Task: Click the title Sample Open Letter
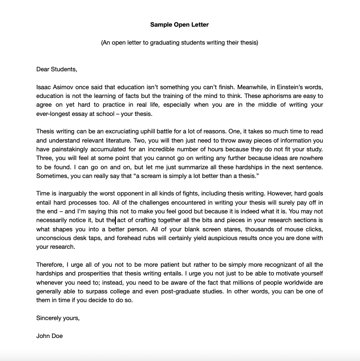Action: (179, 24)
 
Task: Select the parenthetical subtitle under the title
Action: (179, 43)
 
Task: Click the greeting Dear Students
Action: (57, 69)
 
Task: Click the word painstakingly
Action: (70, 149)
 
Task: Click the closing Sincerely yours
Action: (58, 318)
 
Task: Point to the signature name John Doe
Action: (49, 336)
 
